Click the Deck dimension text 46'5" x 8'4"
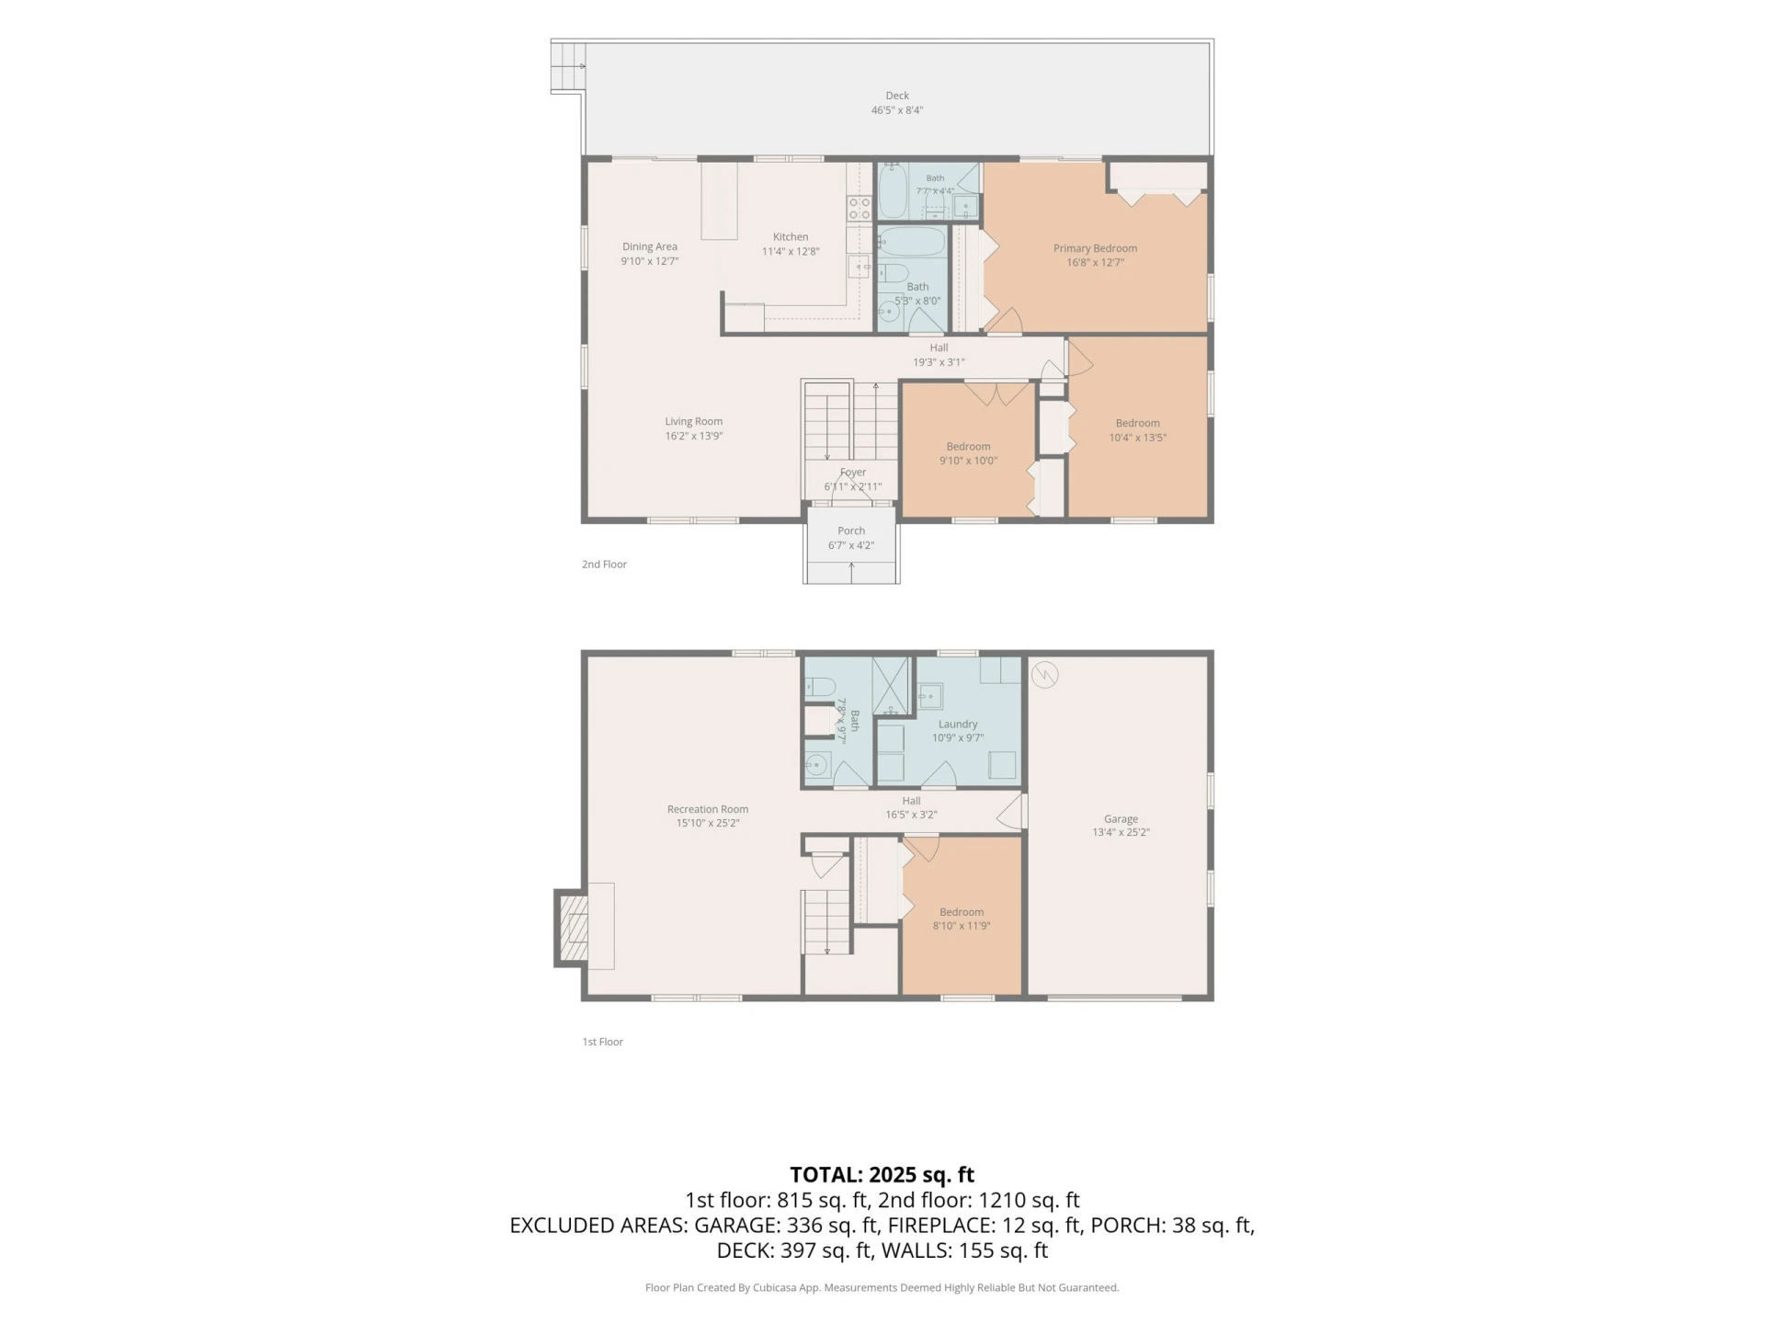[897, 110]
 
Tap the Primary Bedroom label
[1095, 248]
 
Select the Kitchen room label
[791, 237]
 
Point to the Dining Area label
[650, 246]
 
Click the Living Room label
[694, 422]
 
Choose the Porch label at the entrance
[851, 531]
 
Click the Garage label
[1121, 819]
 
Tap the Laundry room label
[958, 725]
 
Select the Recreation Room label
[708, 810]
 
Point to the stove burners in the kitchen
[859, 208]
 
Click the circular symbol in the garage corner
[1045, 676]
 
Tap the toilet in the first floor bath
[820, 687]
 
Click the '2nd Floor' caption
[604, 565]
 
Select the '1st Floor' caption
[602, 1042]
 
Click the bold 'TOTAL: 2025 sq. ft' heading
[882, 1175]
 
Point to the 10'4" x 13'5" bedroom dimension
[1137, 438]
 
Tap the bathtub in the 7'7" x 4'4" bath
[893, 191]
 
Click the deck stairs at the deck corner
[568, 66]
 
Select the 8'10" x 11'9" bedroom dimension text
[962, 926]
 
